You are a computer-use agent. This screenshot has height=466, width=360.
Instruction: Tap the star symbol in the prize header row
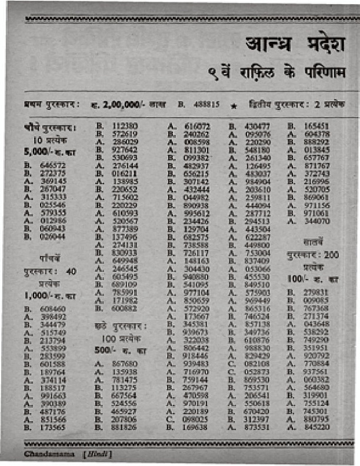tap(234, 105)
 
